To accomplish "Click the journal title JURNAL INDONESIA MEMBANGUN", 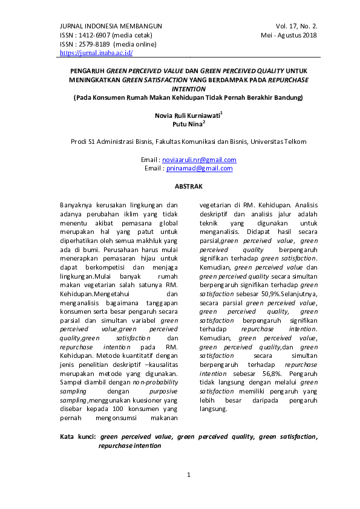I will pos(111,26).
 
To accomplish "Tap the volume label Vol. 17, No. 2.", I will pos(296,26).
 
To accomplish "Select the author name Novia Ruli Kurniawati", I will pos(187,113).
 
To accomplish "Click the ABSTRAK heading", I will pos(188,187).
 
